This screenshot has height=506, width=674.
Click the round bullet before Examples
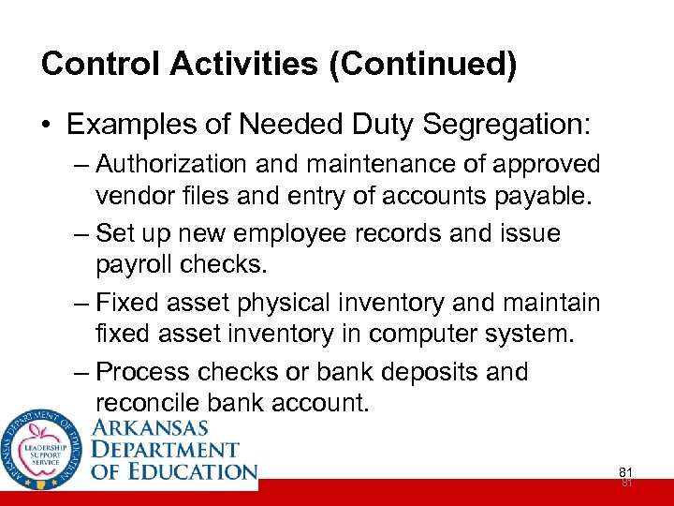click(x=47, y=124)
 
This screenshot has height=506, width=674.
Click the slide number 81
click(x=625, y=472)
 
